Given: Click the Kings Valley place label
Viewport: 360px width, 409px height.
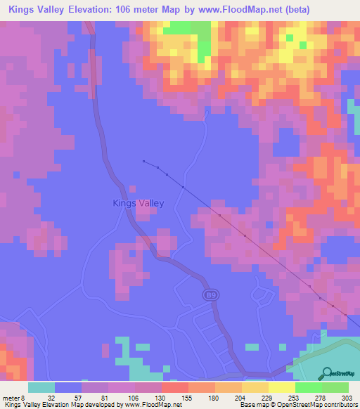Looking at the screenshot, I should (x=139, y=203).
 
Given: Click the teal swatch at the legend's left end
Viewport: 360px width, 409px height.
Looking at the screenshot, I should (x=41, y=387).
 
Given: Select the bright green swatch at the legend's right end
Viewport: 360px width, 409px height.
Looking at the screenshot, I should (x=335, y=387).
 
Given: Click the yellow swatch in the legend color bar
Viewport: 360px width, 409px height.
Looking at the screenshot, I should (x=282, y=387).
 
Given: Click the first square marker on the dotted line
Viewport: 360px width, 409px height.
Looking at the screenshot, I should (x=143, y=161).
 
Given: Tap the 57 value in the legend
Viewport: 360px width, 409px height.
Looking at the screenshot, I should (x=79, y=397).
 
